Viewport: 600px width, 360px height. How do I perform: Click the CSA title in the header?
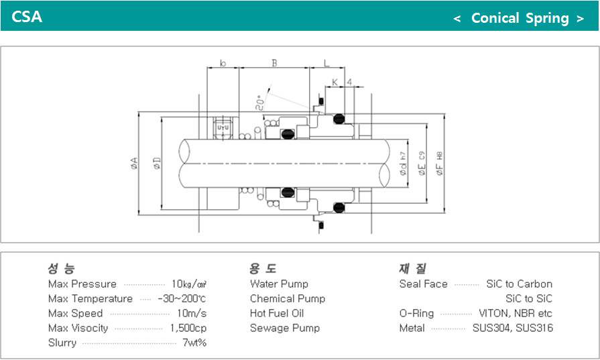[27, 17]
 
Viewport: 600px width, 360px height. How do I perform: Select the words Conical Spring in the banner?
[520, 18]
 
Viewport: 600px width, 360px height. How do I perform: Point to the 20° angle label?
[260, 103]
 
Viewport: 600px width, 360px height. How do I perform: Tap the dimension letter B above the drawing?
[274, 63]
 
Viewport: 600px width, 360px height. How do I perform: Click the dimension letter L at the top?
[326, 63]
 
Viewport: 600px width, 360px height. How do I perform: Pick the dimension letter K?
[335, 82]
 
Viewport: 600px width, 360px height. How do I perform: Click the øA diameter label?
[134, 164]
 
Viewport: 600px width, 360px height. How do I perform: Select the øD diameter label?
[157, 164]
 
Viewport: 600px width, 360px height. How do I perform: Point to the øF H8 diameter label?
[440, 164]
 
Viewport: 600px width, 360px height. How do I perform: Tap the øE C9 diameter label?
[422, 164]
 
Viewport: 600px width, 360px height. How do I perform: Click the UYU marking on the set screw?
[223, 127]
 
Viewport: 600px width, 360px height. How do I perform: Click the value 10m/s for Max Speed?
[191, 313]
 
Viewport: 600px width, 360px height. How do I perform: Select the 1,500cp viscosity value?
[188, 328]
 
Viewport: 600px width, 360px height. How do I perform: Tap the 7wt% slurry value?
[194, 343]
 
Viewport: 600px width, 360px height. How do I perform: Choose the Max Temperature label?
[91, 299]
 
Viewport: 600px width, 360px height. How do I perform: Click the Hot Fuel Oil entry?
[277, 313]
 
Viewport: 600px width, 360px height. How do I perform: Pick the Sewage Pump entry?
[285, 328]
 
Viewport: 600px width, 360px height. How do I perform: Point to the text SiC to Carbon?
[520, 284]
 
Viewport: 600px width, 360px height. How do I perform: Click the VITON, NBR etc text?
[516, 313]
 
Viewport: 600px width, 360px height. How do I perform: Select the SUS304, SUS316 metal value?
[513, 328]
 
